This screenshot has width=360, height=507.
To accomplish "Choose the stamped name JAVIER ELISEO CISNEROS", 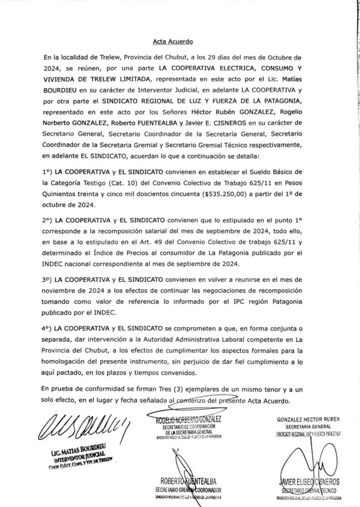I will click(x=308, y=482).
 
